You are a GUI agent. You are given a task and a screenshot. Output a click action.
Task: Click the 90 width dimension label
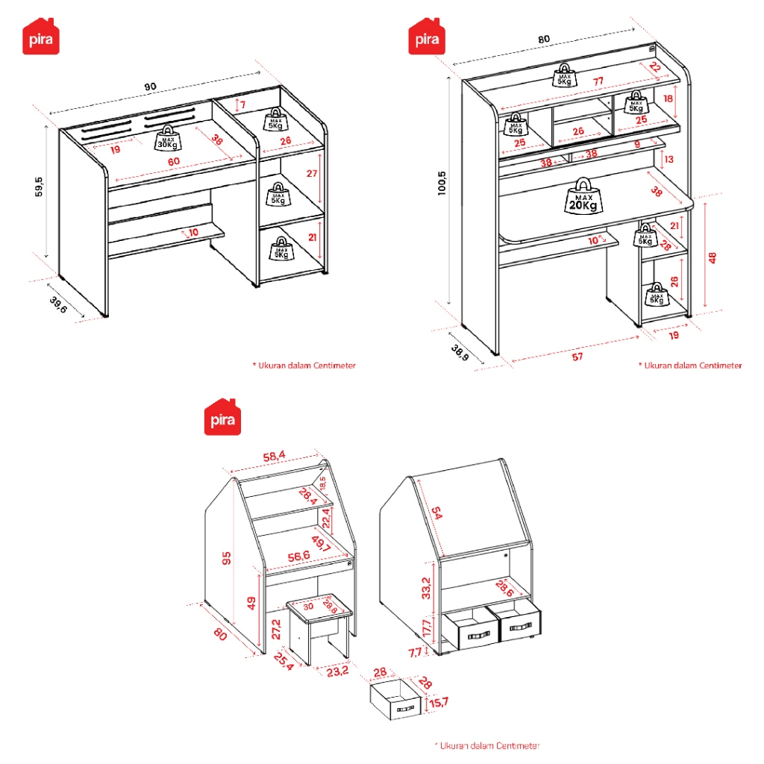tap(151, 87)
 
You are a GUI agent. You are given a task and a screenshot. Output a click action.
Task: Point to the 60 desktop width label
tap(172, 162)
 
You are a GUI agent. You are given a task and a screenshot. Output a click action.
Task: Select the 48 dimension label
tap(713, 257)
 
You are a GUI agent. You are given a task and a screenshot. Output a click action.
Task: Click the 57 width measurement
tap(577, 357)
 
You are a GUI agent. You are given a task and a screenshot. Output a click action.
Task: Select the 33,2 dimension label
tap(426, 587)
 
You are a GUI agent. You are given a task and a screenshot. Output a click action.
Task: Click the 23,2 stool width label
tap(337, 671)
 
